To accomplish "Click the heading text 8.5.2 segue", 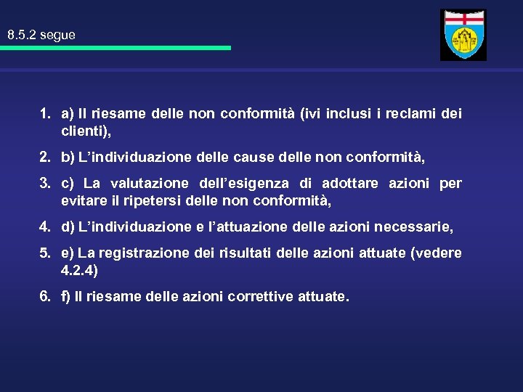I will [41, 35].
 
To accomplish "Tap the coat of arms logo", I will [463, 35].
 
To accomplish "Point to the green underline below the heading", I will [115, 48].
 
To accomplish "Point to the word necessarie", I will [413, 227].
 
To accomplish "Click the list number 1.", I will [45, 113].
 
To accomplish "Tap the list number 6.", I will [45, 297].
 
